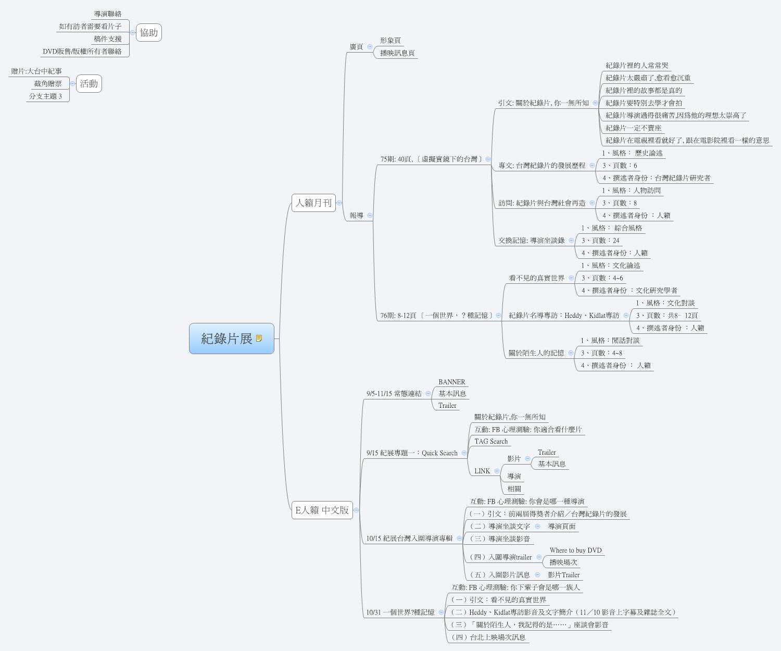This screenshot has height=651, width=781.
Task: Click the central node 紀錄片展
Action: (x=227, y=339)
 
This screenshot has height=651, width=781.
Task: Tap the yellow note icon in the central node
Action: (x=259, y=339)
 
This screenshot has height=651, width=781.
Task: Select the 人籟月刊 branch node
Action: (x=313, y=203)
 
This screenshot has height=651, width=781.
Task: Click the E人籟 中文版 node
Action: (x=322, y=510)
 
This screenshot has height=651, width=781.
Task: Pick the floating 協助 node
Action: (x=148, y=32)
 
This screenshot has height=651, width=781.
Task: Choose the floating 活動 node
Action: (x=89, y=83)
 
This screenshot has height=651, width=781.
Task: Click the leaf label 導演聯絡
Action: (x=108, y=14)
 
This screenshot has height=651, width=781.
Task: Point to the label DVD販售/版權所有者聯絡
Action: (x=82, y=51)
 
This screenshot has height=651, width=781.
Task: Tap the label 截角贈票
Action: (x=48, y=83)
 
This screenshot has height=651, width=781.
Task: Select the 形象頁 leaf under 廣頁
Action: (x=391, y=40)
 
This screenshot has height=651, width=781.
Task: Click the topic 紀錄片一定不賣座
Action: (x=633, y=128)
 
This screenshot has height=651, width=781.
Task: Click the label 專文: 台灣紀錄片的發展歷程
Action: (x=541, y=165)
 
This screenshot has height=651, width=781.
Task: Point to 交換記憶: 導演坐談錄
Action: (x=531, y=240)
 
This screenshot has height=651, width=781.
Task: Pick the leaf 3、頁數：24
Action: (x=600, y=240)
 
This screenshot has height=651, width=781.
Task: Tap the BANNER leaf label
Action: (x=451, y=382)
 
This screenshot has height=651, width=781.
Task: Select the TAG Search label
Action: (x=490, y=441)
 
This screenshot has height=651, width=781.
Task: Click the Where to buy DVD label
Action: (x=575, y=550)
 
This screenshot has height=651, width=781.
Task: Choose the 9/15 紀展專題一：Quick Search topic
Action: (x=412, y=453)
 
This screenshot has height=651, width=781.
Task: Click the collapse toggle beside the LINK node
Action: (x=497, y=471)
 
